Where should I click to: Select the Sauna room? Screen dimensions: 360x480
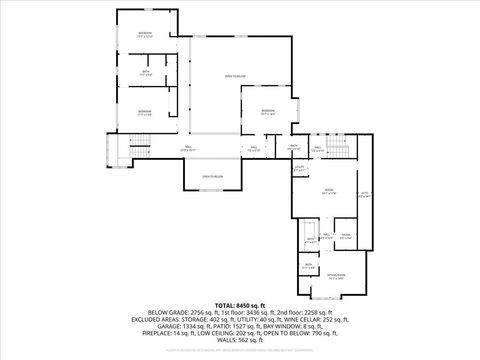click(344, 237)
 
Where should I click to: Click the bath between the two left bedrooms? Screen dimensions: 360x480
click(146, 74)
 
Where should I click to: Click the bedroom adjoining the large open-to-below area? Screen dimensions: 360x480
click(268, 112)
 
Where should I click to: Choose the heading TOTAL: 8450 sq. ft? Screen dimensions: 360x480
click(239, 304)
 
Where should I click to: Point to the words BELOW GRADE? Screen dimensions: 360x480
click(167, 312)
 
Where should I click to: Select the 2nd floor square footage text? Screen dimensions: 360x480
click(304, 312)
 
